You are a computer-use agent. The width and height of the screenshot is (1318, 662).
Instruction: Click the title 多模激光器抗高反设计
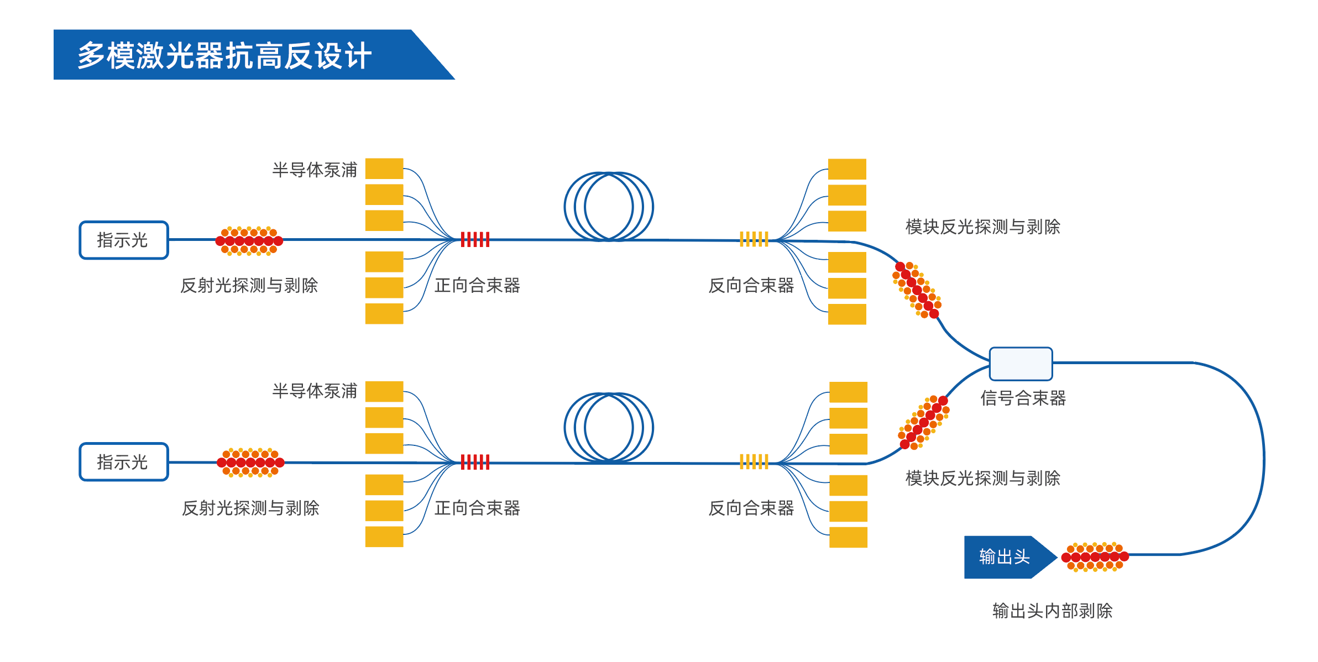click(224, 55)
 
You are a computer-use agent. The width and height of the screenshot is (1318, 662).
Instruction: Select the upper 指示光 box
click(124, 240)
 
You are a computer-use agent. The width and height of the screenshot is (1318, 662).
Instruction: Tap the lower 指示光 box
click(124, 462)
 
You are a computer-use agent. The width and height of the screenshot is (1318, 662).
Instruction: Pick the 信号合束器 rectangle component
click(1021, 364)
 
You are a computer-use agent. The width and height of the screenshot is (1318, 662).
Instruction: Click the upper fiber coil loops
click(609, 207)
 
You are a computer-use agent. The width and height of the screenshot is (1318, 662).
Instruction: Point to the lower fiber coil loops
click(609, 428)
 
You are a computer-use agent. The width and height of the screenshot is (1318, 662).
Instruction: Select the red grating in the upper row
click(475, 240)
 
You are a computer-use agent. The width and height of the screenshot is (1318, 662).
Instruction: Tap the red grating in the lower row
click(475, 462)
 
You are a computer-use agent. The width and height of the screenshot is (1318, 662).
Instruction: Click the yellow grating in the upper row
click(754, 239)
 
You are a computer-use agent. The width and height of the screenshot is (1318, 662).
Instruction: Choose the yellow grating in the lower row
click(754, 461)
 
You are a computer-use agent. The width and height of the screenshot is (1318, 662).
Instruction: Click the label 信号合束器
click(1023, 398)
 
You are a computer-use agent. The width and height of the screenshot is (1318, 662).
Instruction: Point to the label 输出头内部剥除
click(1053, 611)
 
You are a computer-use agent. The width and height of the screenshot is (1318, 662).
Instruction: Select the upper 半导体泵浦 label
click(315, 170)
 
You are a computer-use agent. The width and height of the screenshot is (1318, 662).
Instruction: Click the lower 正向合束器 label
click(477, 508)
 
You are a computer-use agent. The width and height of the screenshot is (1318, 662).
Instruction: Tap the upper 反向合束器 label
click(751, 285)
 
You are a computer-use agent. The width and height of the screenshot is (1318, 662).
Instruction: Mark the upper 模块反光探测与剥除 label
click(983, 227)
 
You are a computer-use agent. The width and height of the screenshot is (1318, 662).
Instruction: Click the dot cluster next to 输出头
click(1095, 557)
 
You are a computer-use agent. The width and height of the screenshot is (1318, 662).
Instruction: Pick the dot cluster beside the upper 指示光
click(249, 241)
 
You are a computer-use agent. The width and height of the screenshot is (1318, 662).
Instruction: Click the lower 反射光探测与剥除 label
click(251, 508)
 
